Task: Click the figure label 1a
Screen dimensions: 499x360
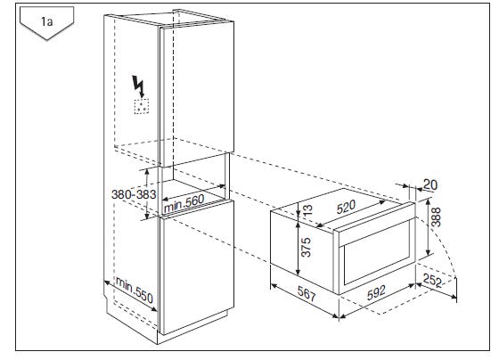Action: pyautogui.click(x=46, y=22)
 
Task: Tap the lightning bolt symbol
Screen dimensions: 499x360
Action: pyautogui.click(x=139, y=86)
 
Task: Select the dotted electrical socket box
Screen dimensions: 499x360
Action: pyautogui.click(x=142, y=106)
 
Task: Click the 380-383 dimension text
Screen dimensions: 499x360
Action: pyautogui.click(x=134, y=194)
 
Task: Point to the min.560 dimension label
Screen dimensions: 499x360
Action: pyautogui.click(x=184, y=203)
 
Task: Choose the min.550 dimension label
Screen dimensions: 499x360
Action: pyautogui.click(x=135, y=290)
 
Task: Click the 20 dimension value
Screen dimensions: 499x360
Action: pyautogui.click(x=430, y=184)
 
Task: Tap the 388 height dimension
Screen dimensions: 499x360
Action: pyautogui.click(x=436, y=217)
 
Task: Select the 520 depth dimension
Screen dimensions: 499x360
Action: pyautogui.click(x=346, y=207)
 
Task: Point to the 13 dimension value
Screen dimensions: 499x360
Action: pyautogui.click(x=307, y=210)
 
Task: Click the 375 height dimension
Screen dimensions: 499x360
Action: pyautogui.click(x=306, y=247)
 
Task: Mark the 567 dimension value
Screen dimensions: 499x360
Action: pyautogui.click(x=307, y=293)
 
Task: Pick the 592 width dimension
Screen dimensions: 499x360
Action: pyautogui.click(x=376, y=292)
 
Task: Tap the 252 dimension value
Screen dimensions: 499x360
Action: pyautogui.click(x=433, y=281)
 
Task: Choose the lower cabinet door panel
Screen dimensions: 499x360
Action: pyautogui.click(x=197, y=267)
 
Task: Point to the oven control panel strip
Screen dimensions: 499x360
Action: pyautogui.click(x=375, y=225)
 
